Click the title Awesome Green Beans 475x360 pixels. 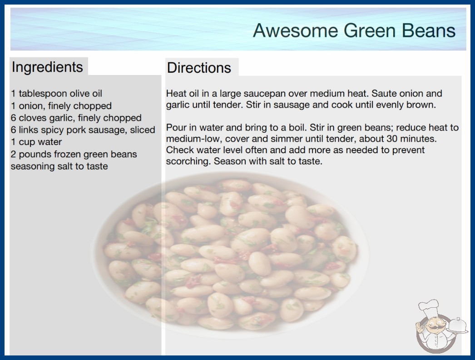354,30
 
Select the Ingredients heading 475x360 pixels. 47,67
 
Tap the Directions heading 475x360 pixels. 199,68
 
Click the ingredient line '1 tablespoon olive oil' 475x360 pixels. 57,94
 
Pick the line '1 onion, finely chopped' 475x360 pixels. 61,106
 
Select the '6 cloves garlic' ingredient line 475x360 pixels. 76,118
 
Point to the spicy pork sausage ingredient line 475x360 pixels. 83,130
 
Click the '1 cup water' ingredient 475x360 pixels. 36,142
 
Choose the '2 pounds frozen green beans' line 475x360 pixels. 74,155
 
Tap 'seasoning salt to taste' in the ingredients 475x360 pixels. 59,166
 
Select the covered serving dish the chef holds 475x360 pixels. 457,326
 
